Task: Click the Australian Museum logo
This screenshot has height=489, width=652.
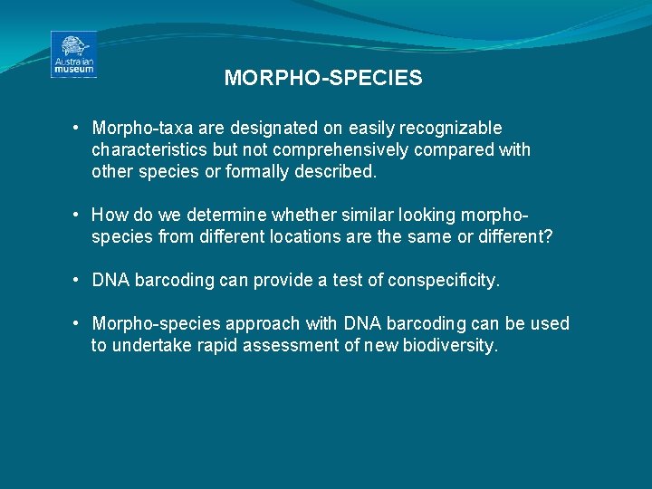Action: click(73, 54)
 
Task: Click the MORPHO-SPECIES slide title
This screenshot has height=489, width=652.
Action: click(323, 79)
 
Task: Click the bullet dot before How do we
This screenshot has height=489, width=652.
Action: click(80, 216)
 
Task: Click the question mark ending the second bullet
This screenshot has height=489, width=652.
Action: click(548, 236)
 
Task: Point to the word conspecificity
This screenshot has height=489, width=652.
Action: click(443, 281)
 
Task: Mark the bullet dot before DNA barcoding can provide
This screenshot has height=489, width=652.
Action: click(80, 281)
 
